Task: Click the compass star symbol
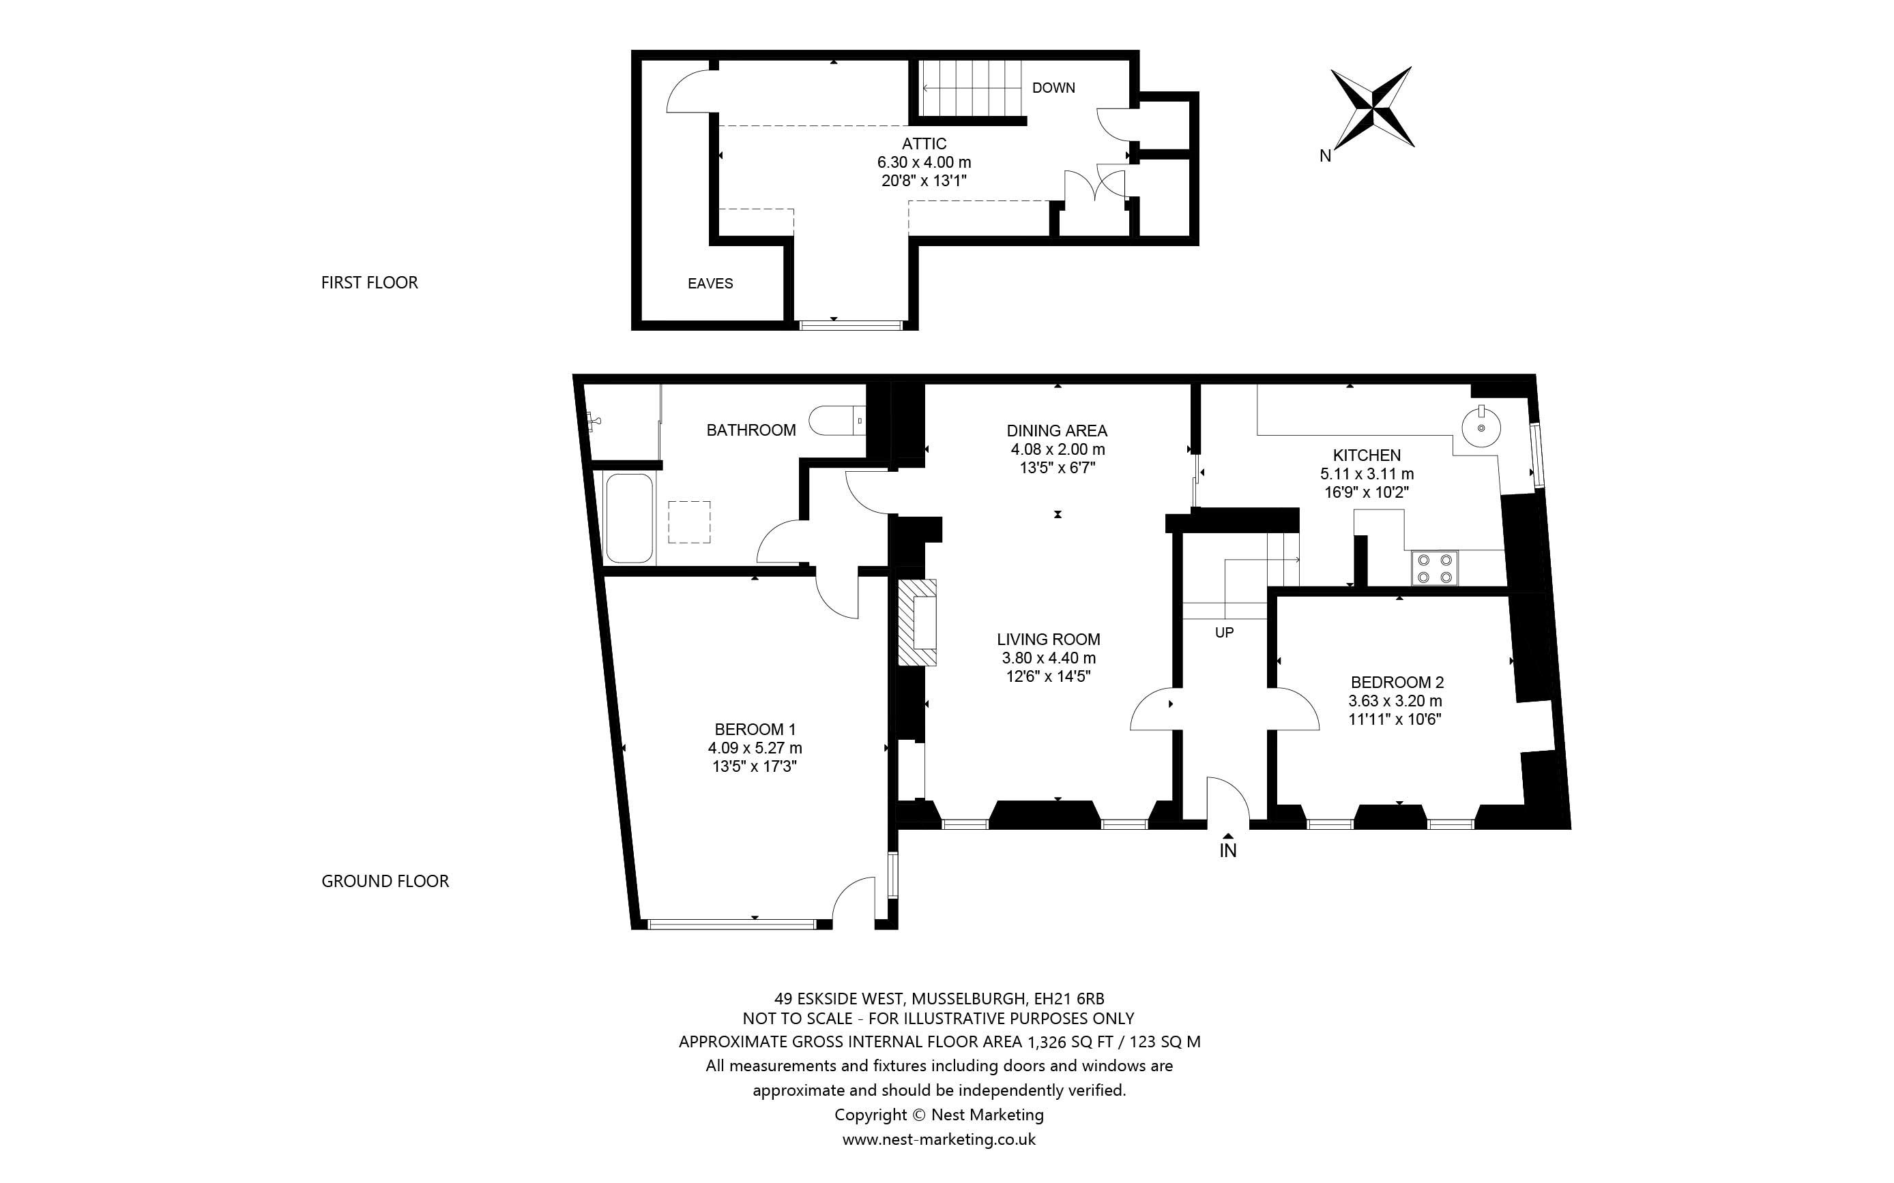click(1373, 108)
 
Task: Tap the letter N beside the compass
click(1325, 155)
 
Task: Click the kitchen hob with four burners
click(1435, 568)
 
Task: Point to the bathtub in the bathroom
click(629, 518)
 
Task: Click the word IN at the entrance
click(1227, 850)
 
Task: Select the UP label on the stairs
click(1224, 632)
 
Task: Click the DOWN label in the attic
click(1053, 88)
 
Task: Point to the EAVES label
click(710, 283)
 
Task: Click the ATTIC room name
click(924, 144)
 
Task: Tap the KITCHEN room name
click(1367, 455)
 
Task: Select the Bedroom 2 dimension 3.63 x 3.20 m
click(1395, 701)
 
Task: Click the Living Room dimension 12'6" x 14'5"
click(1048, 676)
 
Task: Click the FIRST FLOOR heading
click(369, 282)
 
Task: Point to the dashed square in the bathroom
click(688, 522)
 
